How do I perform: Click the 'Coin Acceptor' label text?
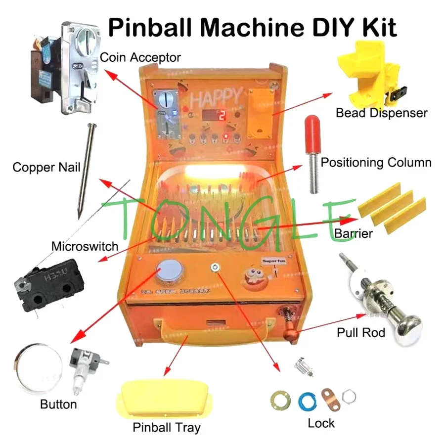(x=140, y=57)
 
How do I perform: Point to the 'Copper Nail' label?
(x=46, y=167)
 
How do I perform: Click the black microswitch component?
(x=42, y=289)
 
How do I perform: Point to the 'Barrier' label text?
(x=354, y=233)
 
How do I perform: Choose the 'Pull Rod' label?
(x=361, y=332)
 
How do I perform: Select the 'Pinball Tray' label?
(x=167, y=427)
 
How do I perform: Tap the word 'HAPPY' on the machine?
(x=217, y=97)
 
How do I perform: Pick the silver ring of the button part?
(x=37, y=368)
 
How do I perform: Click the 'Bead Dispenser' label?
(x=381, y=113)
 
